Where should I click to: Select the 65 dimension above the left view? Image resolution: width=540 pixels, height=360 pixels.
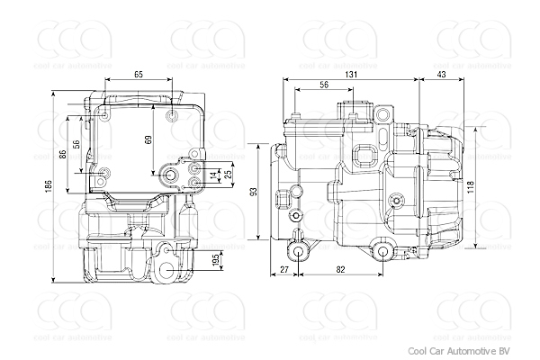click(138, 74)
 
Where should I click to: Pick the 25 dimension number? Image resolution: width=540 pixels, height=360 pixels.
click(228, 173)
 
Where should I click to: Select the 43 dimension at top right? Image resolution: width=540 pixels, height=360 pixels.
click(442, 74)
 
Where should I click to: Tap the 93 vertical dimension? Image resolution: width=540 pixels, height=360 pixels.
click(255, 191)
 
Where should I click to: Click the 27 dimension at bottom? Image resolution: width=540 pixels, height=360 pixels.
click(284, 269)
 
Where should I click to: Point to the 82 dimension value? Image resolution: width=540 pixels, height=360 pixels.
click(339, 269)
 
